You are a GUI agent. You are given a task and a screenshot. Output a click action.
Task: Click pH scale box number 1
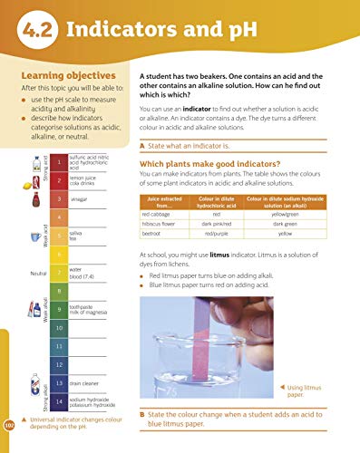click(59, 164)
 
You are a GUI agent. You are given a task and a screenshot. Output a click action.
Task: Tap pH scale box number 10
click(59, 327)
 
